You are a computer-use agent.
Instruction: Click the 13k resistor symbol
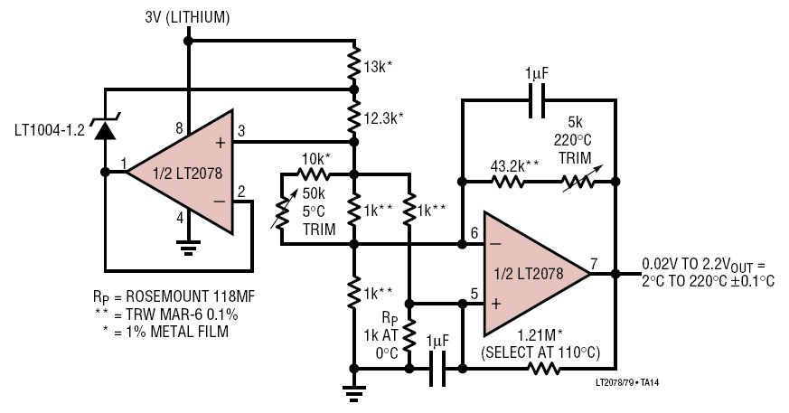click(354, 63)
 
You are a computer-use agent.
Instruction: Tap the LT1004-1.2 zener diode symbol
click(105, 127)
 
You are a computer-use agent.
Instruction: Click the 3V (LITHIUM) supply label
click(187, 18)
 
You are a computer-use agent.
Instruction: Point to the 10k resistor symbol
click(312, 174)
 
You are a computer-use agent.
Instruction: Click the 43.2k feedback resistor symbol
click(507, 181)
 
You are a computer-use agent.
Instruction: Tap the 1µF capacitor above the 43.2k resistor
click(537, 100)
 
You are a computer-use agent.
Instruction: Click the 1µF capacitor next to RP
click(437, 369)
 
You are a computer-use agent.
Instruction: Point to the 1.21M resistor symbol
click(543, 369)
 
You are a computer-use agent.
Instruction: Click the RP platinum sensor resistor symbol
click(409, 334)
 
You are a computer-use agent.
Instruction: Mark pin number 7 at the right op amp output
click(595, 263)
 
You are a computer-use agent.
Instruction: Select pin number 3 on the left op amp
click(241, 131)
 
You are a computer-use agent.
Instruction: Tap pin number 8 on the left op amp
click(179, 128)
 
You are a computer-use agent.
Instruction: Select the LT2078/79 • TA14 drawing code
click(627, 383)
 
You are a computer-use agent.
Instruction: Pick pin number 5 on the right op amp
click(474, 293)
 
